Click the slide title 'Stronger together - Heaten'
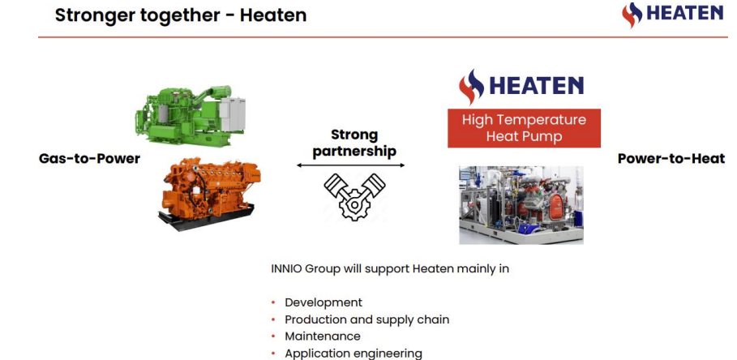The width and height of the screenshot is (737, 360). coord(181,15)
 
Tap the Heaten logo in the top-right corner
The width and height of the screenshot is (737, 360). coord(672,15)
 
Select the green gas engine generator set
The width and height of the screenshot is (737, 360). coord(191,114)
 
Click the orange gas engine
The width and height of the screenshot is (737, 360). coord(210,193)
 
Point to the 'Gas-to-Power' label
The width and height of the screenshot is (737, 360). coord(89,159)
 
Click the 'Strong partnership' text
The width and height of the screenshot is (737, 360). coord(354,143)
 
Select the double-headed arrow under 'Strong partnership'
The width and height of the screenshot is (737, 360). coord(350,165)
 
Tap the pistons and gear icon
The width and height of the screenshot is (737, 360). coord(354,196)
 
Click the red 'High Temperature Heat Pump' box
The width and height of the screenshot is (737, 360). coord(524,128)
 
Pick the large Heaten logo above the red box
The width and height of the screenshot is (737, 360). coord(521,87)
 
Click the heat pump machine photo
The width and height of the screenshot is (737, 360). coord(521,205)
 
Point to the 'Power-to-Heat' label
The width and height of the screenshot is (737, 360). coord(671,159)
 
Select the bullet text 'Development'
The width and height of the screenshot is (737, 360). coord(324,302)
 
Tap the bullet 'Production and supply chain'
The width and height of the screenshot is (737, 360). coord(367,320)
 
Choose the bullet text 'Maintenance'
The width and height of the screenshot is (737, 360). coord(323,336)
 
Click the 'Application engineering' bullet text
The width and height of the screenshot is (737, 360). coord(354,354)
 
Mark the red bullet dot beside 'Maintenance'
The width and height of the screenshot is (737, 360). coord(273,336)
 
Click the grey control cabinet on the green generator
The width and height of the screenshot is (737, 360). coord(233,114)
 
